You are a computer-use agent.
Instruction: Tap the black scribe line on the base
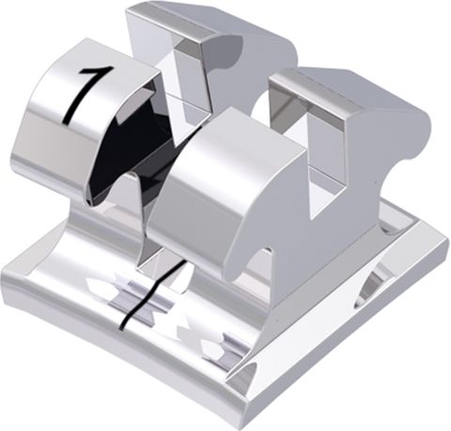click(x=141, y=299)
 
